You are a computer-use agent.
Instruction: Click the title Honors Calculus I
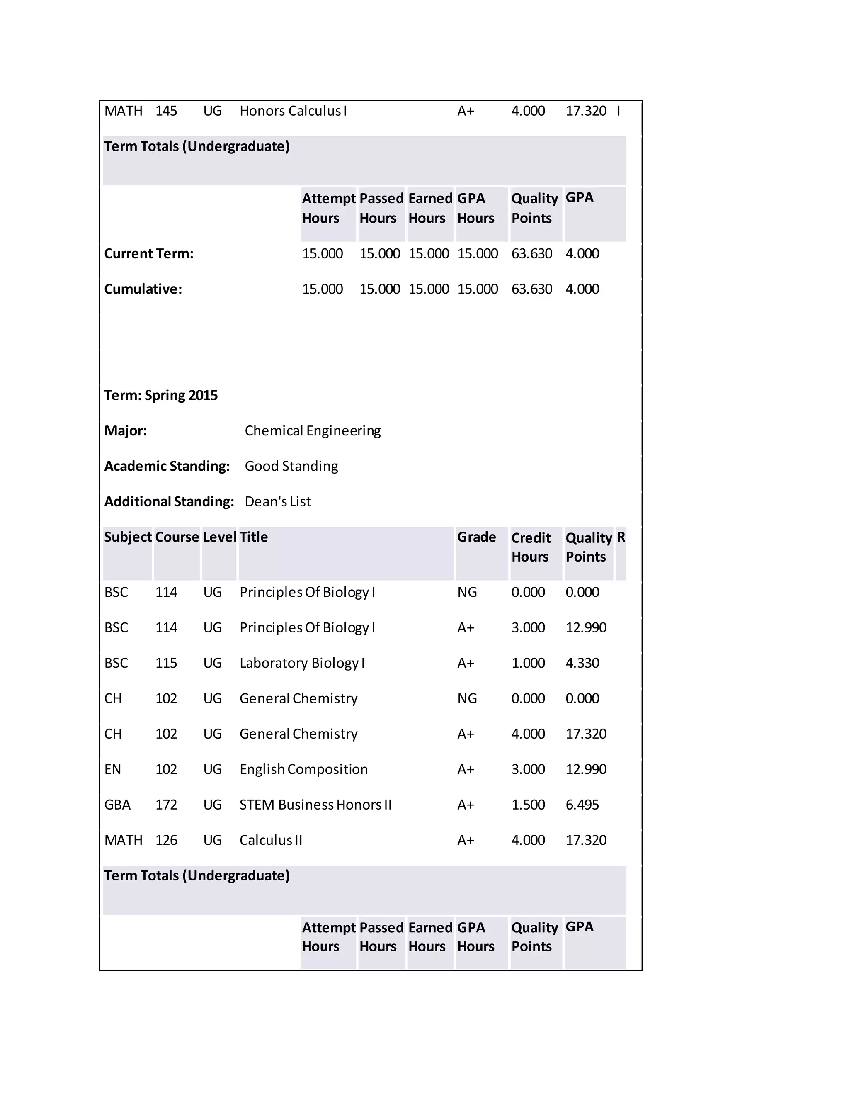[x=293, y=111]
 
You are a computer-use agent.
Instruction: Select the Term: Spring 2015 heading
[x=161, y=396]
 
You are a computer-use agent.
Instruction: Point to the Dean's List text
[x=278, y=502]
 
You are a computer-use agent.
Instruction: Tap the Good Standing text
[x=291, y=467]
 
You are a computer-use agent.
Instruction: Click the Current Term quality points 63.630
[x=531, y=254]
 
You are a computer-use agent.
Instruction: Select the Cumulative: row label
[x=143, y=289]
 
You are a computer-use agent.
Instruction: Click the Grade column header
[x=476, y=537]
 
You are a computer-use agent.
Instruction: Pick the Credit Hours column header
[x=531, y=547]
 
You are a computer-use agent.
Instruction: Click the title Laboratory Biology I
[x=302, y=663]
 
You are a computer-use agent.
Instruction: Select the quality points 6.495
[x=582, y=805]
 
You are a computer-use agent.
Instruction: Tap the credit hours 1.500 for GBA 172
[x=528, y=805]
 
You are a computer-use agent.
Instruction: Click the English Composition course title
[x=303, y=769]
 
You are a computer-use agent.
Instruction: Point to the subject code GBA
[x=117, y=805]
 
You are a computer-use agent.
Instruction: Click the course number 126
[x=166, y=840]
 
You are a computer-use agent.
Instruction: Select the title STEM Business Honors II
[x=315, y=805]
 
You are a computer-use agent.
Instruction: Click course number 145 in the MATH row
[x=166, y=111]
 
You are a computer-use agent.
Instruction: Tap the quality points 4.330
[x=582, y=663]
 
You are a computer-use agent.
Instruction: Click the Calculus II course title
[x=271, y=840]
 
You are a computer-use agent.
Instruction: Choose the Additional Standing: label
[x=169, y=502]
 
